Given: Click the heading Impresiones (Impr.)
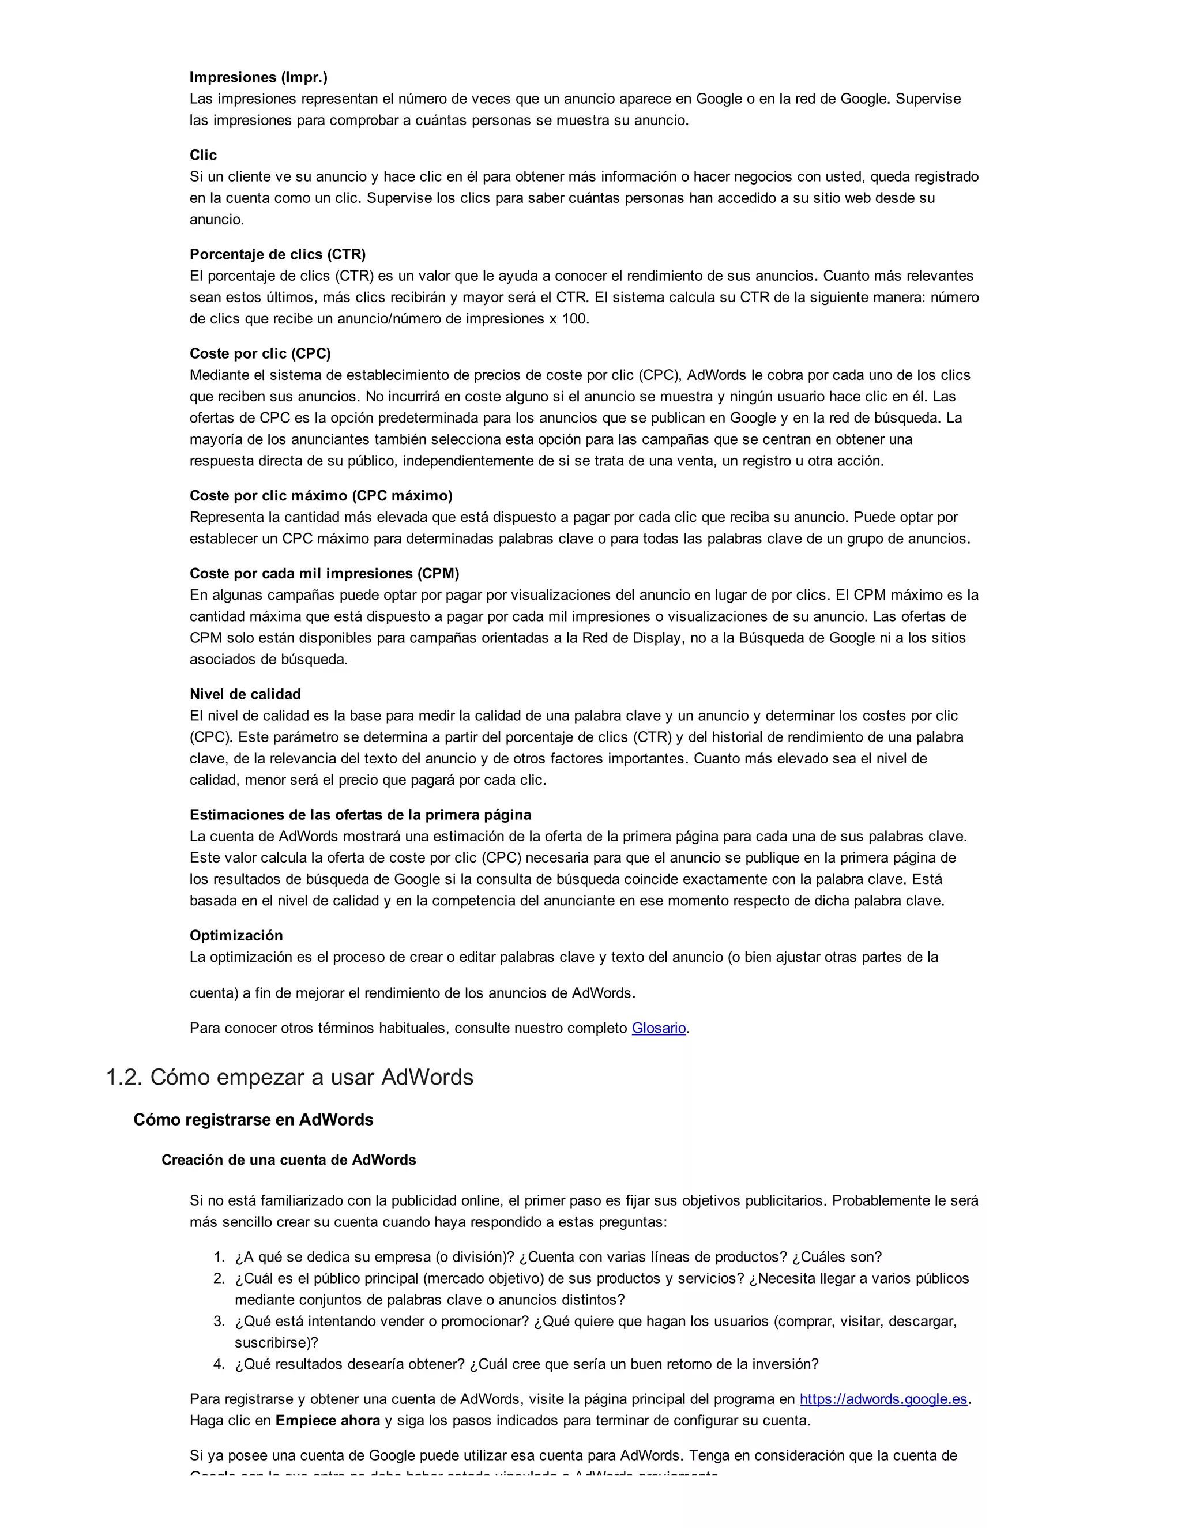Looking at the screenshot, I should click(x=258, y=77).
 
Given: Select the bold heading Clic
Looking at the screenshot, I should click(x=203, y=155).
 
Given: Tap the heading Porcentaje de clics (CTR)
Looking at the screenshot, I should click(x=277, y=254).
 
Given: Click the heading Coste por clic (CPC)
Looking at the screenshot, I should click(x=260, y=353).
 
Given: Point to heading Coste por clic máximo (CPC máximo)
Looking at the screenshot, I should click(x=321, y=495).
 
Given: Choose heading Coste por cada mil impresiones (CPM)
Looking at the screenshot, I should click(x=324, y=573).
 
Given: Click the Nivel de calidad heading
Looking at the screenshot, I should click(x=245, y=694).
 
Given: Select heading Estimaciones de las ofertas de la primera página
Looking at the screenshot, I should click(x=360, y=814).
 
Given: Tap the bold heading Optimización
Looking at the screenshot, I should click(x=236, y=935).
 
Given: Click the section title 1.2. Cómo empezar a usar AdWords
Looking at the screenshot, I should click(x=289, y=1078).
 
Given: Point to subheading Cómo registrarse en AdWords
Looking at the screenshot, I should click(x=253, y=1120).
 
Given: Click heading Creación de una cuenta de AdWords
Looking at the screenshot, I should click(x=288, y=1160).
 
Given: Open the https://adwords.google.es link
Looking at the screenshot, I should click(x=883, y=1399).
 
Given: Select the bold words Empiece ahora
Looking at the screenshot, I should click(x=328, y=1421).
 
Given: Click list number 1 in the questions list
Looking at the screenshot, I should click(x=219, y=1257).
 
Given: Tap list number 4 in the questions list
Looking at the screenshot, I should click(x=219, y=1364).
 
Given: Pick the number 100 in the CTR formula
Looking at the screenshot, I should click(x=575, y=319).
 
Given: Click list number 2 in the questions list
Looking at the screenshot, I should click(x=219, y=1279).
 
